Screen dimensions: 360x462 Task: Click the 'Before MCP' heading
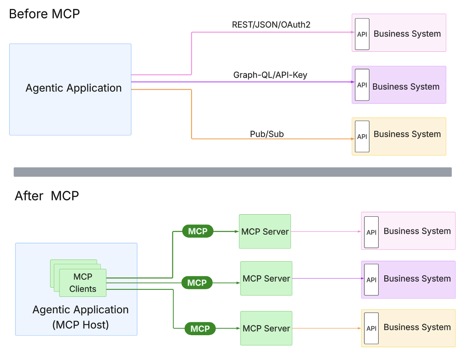44,14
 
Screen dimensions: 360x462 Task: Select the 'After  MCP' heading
47,196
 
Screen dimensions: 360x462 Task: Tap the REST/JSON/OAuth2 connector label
271,25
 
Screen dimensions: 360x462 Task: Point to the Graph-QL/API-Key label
270,75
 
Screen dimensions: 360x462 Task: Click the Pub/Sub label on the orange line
267,134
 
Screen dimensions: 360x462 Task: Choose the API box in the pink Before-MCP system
362,34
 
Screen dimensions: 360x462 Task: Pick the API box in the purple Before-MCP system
362,85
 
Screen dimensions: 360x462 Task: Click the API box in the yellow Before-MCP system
362,136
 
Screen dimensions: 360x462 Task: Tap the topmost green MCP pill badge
198,231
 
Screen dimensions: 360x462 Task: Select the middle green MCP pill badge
197,283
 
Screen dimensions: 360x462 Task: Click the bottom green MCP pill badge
200,329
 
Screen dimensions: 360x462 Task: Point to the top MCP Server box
265,232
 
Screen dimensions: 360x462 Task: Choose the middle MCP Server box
266,278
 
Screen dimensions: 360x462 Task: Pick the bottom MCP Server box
266,328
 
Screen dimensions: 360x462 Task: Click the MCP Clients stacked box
82,283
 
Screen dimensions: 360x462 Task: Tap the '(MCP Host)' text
80,325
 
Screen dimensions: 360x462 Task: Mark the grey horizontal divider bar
232,172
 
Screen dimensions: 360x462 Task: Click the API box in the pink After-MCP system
371,232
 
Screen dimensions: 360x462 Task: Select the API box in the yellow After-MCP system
371,328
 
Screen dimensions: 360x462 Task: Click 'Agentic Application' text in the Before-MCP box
74,88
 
